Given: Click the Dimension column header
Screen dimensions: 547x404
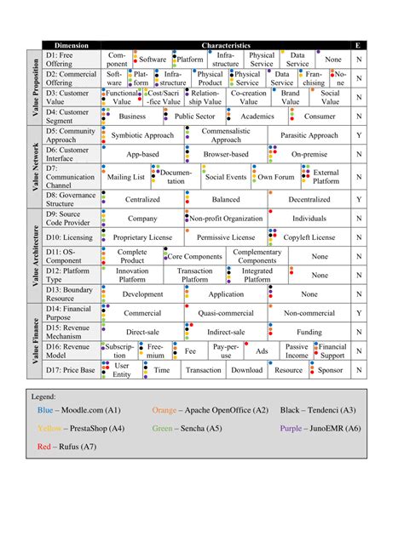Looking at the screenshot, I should (x=72, y=45).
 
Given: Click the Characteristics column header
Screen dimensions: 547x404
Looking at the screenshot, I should (x=226, y=45).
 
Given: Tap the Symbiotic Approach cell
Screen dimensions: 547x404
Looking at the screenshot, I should (x=141, y=135).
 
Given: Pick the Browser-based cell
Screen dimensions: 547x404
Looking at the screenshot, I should (x=226, y=154).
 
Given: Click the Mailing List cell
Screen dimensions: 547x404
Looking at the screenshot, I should (x=126, y=177).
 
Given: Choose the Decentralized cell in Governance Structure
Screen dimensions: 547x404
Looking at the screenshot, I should (x=309, y=200).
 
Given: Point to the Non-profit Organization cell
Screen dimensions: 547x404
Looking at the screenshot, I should (x=226, y=219).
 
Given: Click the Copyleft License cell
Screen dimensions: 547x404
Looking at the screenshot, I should (x=309, y=237).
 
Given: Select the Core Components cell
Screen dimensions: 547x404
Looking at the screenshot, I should (x=195, y=256).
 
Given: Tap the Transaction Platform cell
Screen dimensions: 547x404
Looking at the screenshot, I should (x=195, y=275).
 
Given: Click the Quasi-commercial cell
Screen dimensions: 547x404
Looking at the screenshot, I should (x=226, y=313).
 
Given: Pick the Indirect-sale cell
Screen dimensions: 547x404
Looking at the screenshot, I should (x=226, y=332).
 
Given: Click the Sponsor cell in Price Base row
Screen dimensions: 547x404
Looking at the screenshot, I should (x=330, y=370).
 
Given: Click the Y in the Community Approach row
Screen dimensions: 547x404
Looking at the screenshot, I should (x=359, y=135).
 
